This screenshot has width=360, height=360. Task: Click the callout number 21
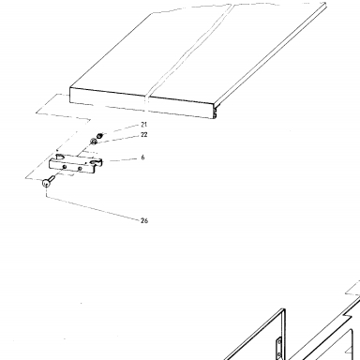[143, 125]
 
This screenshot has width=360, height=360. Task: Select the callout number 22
[143, 135]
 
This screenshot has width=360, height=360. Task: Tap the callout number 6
[142, 157]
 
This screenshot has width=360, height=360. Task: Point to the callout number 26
[144, 220]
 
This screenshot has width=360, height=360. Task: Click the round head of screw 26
[46, 183]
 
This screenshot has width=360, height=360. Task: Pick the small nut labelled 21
[99, 136]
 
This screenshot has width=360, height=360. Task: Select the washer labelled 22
[93, 142]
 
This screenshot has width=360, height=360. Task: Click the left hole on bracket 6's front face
[65, 167]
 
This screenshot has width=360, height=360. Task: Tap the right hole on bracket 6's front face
[80, 169]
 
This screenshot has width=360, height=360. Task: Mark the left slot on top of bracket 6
[59, 156]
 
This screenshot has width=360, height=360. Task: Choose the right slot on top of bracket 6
[94, 162]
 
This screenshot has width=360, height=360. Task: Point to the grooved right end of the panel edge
[215, 112]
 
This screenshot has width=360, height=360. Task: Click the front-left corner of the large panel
[69, 87]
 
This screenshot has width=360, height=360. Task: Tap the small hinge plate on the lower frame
[278, 348]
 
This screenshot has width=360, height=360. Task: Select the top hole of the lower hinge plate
[279, 342]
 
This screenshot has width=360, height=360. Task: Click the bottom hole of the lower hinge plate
[279, 354]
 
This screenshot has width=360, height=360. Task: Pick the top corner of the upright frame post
[284, 309]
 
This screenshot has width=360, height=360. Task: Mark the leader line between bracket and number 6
[120, 160]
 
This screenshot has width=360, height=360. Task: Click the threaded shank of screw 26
[52, 178]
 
